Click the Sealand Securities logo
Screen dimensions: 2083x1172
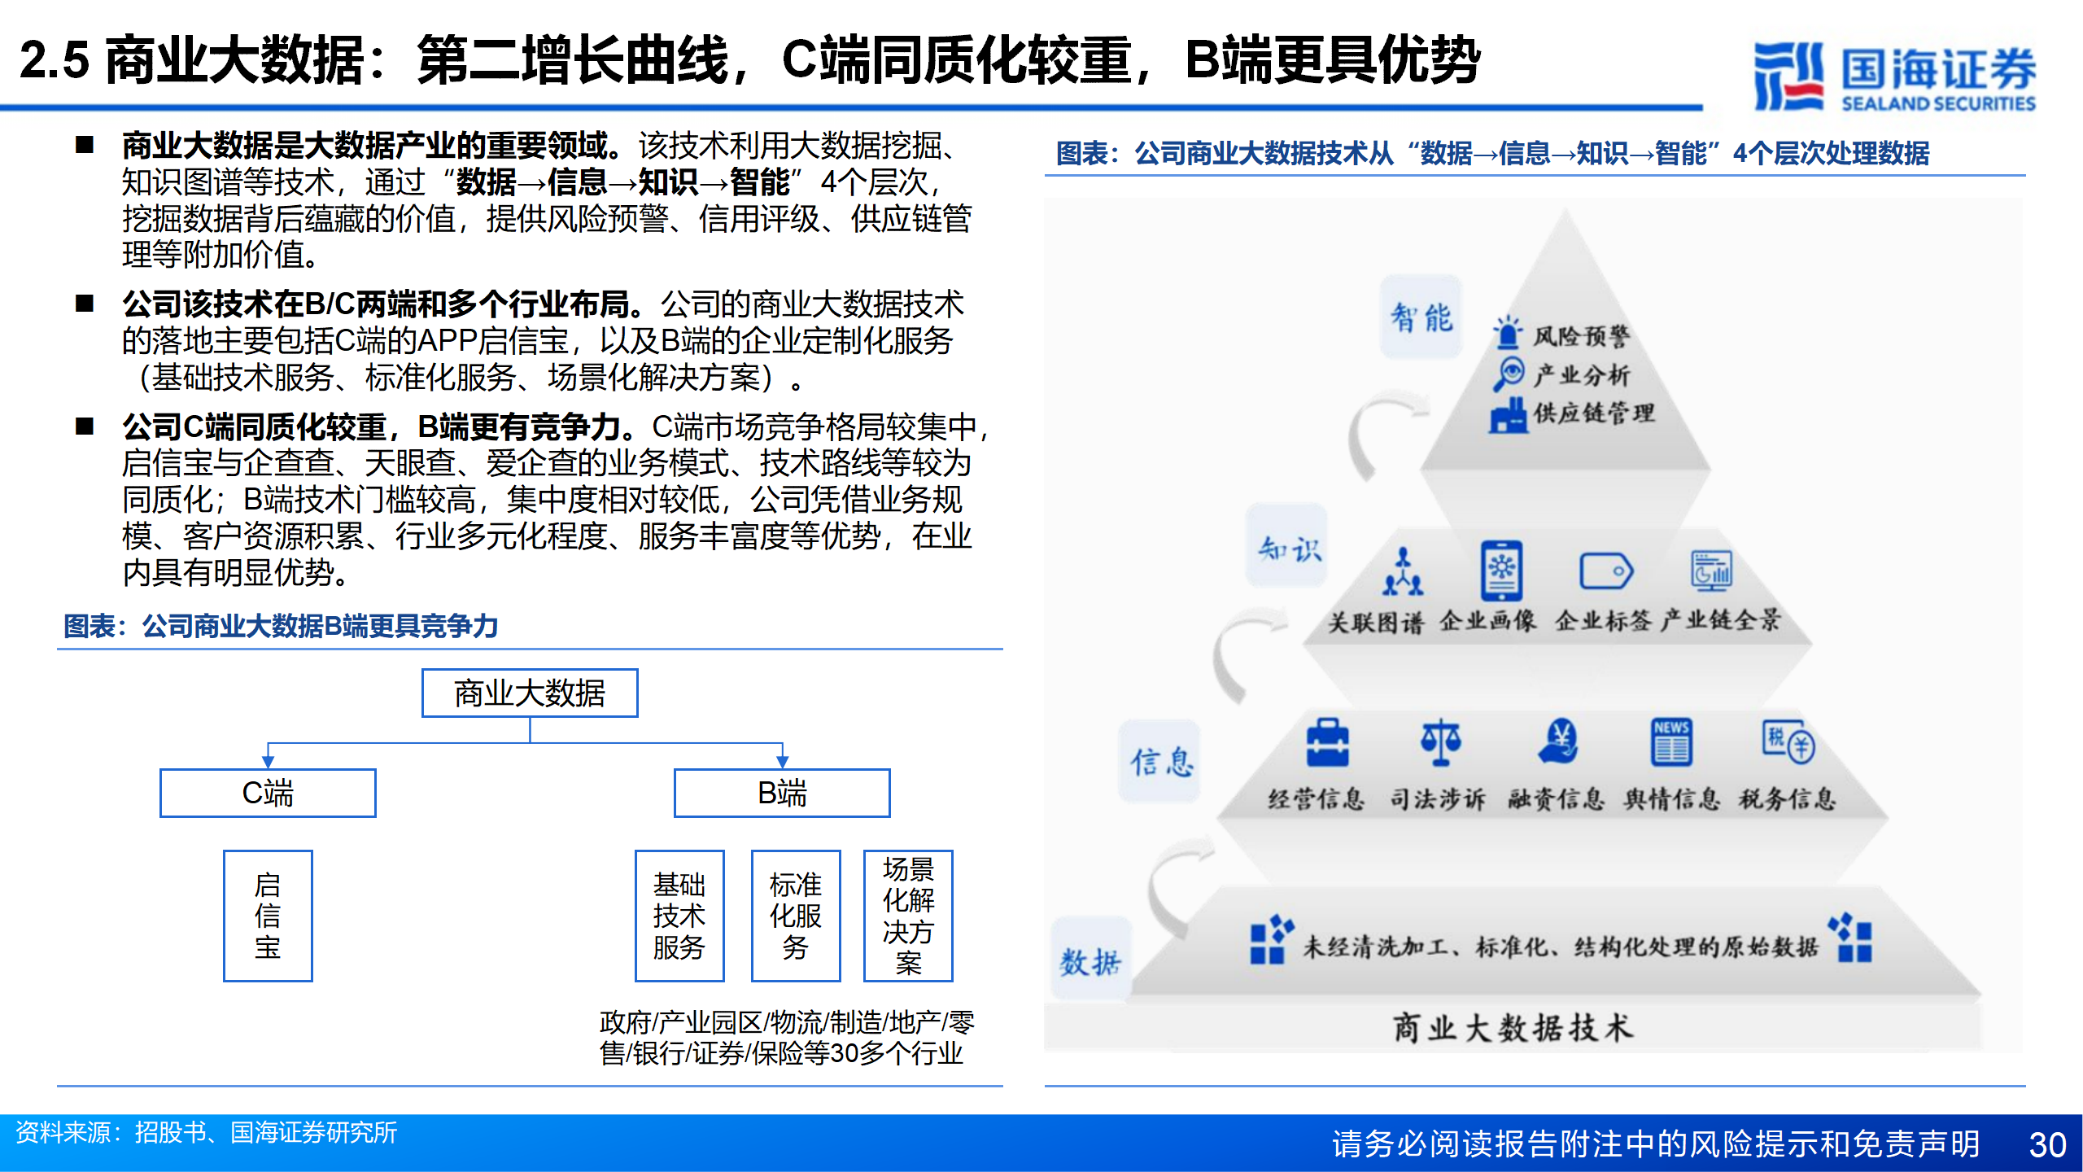[x=1894, y=76]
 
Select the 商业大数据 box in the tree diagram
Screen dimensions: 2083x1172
[x=530, y=693]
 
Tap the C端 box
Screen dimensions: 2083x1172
[x=268, y=793]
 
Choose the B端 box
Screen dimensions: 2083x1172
[x=782, y=793]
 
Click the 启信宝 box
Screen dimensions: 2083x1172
[x=268, y=916]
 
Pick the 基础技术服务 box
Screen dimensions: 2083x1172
[x=679, y=916]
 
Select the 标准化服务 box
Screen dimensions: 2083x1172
[x=796, y=916]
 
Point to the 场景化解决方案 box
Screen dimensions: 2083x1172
[x=908, y=916]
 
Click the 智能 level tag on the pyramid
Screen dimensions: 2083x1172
[x=1421, y=317]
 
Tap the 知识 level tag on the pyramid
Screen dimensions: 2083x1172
[x=1288, y=547]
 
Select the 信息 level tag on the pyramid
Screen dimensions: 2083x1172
[x=1160, y=762]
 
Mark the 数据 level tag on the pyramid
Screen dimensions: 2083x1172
[x=1091, y=960]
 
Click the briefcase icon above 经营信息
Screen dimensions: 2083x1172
[x=1327, y=742]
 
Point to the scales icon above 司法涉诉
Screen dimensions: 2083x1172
[x=1440, y=742]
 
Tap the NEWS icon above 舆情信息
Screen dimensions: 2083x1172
[x=1671, y=742]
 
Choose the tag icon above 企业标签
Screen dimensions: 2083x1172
[x=1606, y=571]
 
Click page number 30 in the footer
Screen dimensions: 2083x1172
[x=2047, y=1144]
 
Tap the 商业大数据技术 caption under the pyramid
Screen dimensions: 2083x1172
[x=1513, y=1027]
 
